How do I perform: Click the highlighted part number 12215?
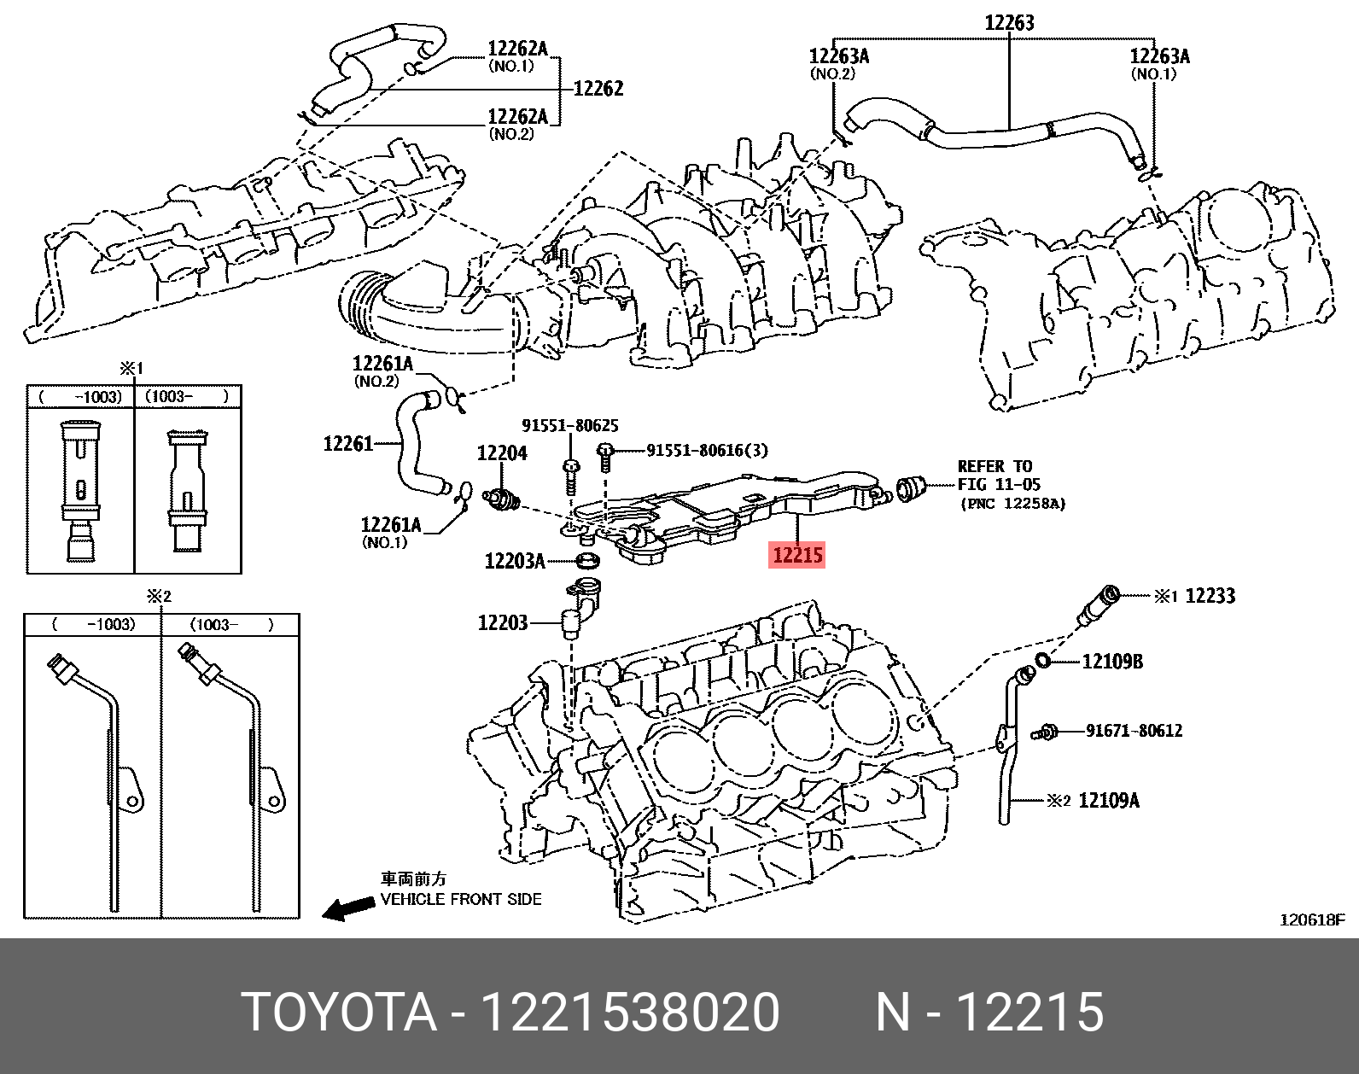click(x=797, y=555)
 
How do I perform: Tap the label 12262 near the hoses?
click(x=598, y=88)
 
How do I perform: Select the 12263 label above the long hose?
click(x=1009, y=23)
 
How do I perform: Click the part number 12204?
click(x=502, y=453)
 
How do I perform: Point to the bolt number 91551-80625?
click(x=570, y=425)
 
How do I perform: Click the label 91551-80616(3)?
click(x=707, y=451)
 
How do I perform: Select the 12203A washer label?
click(x=514, y=561)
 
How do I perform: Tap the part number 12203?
click(x=502, y=623)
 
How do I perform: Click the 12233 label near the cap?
click(x=1210, y=596)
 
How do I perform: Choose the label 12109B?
click(x=1112, y=662)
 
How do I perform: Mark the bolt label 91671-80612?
click(x=1134, y=731)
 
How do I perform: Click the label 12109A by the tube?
click(x=1109, y=801)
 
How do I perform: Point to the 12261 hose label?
click(x=348, y=444)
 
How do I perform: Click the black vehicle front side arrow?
click(x=345, y=908)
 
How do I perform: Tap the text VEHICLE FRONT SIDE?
click(x=460, y=899)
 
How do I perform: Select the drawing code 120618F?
click(x=1311, y=919)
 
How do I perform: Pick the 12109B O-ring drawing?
click(x=1043, y=659)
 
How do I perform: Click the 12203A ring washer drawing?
click(x=587, y=561)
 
